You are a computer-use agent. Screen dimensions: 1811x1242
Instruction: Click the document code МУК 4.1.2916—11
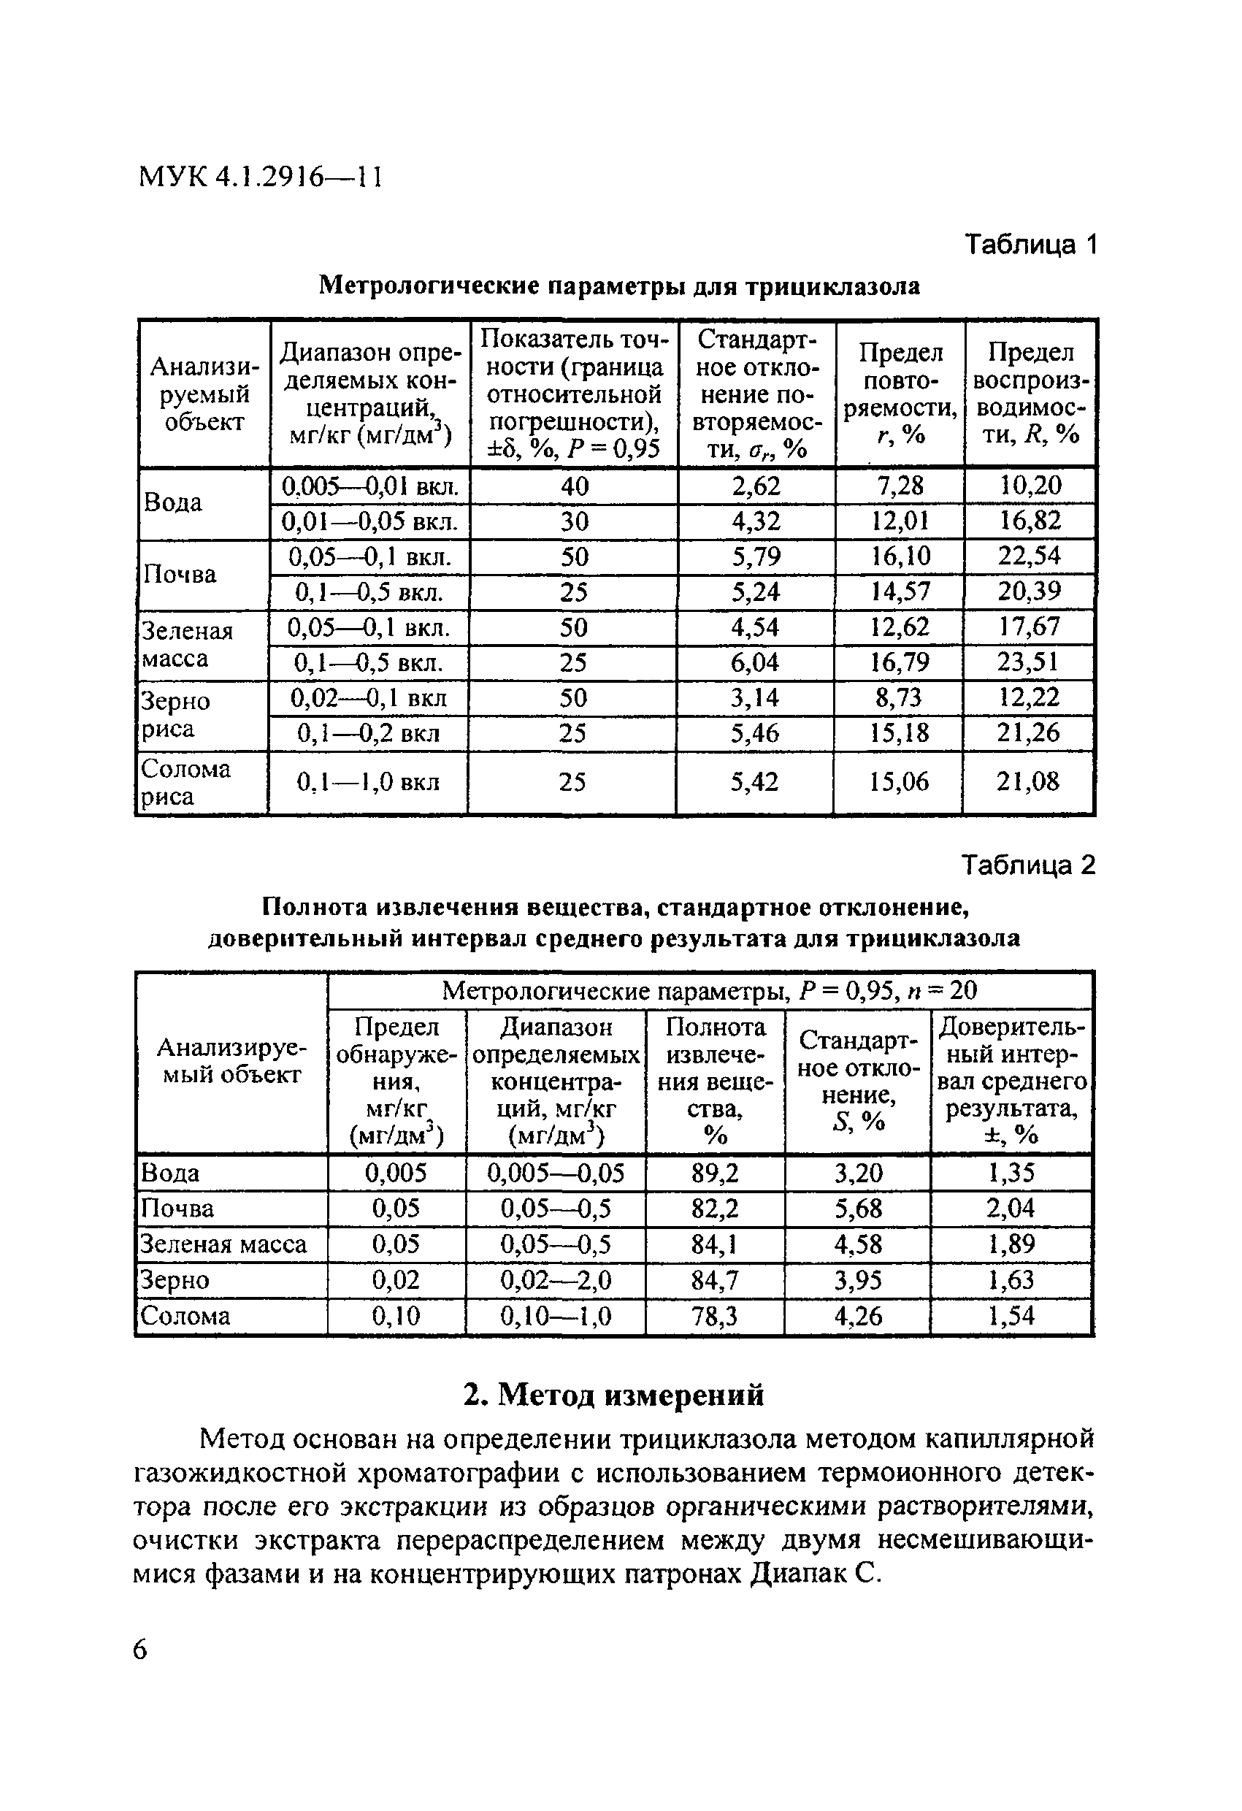tap(260, 177)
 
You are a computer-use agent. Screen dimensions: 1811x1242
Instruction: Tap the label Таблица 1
tap(1031, 245)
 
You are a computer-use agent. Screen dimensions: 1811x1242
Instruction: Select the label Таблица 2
tap(1029, 865)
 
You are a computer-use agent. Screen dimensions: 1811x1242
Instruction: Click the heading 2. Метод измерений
tap(613, 1395)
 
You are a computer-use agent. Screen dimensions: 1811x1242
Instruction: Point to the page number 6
tap(139, 1650)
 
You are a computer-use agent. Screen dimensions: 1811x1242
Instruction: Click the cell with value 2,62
tap(756, 486)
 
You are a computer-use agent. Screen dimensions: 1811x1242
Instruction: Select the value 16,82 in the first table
tap(1030, 521)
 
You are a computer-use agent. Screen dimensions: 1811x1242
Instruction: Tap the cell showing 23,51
tap(1029, 662)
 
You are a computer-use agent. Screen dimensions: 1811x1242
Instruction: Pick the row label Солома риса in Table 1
tap(185, 782)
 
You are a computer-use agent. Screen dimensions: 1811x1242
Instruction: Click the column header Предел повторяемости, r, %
tap(900, 394)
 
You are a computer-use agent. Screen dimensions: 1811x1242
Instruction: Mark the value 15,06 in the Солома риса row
tap(898, 781)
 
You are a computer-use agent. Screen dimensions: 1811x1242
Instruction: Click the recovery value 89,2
tap(715, 1173)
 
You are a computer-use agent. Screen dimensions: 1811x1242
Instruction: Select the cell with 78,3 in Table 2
tap(715, 1316)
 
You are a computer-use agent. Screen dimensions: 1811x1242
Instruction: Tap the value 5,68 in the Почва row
tap(858, 1209)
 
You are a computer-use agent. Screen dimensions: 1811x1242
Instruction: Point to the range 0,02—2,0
tap(556, 1280)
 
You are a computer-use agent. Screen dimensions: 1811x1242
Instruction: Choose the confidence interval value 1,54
tap(1011, 1316)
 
